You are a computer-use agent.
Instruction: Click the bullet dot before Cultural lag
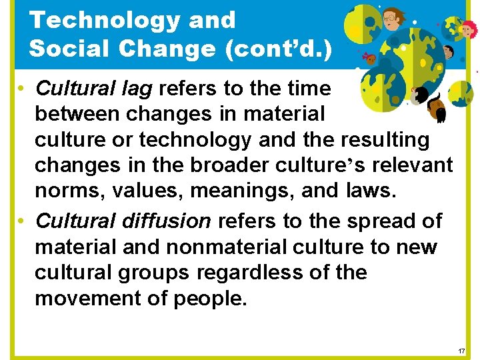point(22,89)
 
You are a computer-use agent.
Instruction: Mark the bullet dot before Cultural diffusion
point(22,221)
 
